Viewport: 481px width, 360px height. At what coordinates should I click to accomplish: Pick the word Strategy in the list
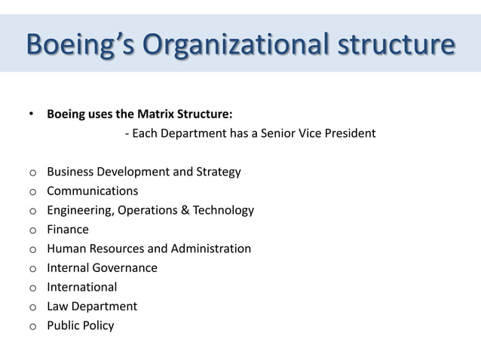point(218,172)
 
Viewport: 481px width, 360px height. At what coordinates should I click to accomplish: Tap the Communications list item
point(93,191)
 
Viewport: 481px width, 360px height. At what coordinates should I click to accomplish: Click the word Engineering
point(79,210)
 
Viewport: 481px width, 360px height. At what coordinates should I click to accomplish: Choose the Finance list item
point(68,230)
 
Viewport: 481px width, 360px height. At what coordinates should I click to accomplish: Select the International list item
point(82,287)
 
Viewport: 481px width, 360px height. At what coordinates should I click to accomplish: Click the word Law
point(57,307)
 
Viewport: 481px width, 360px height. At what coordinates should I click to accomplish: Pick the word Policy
point(98,325)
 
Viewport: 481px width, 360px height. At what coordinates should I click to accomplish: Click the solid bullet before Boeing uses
point(31,115)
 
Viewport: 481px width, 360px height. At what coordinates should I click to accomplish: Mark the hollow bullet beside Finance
point(32,230)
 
